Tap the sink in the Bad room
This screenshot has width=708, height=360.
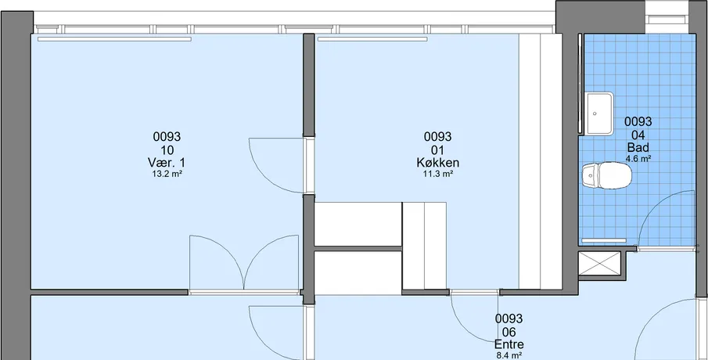pos(599,113)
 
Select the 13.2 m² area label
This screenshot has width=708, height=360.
pos(167,173)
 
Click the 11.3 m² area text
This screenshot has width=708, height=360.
pos(437,173)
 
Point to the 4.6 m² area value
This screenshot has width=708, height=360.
pos(638,158)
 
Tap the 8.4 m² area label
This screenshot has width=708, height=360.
pos(509,355)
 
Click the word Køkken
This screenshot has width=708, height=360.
pos(437,162)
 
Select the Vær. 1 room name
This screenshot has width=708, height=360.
pos(166,162)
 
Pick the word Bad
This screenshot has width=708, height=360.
pos(638,147)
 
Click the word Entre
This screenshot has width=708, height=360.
pos(509,344)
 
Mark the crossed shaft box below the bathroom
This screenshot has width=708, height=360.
pos(600,264)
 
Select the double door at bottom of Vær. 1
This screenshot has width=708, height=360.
pos(244,262)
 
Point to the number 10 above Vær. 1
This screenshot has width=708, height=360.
pos(167,150)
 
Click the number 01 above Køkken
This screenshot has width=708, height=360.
pos(437,150)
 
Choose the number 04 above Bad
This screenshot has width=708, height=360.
pos(638,135)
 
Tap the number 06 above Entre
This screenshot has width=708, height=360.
pos(509,332)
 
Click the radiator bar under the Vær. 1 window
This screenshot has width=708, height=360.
pos(114,39)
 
